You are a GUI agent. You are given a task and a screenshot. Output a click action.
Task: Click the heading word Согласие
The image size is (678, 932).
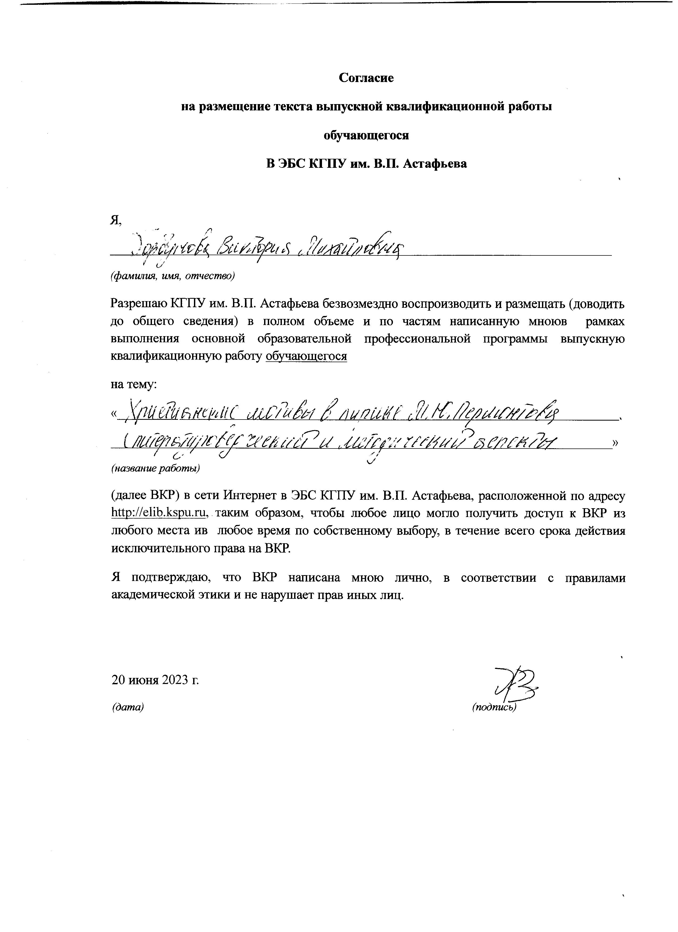click(366, 78)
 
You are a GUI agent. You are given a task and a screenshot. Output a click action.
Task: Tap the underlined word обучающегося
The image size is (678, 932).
click(306, 356)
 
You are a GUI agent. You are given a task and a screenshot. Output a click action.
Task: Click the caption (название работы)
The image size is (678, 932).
click(155, 468)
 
